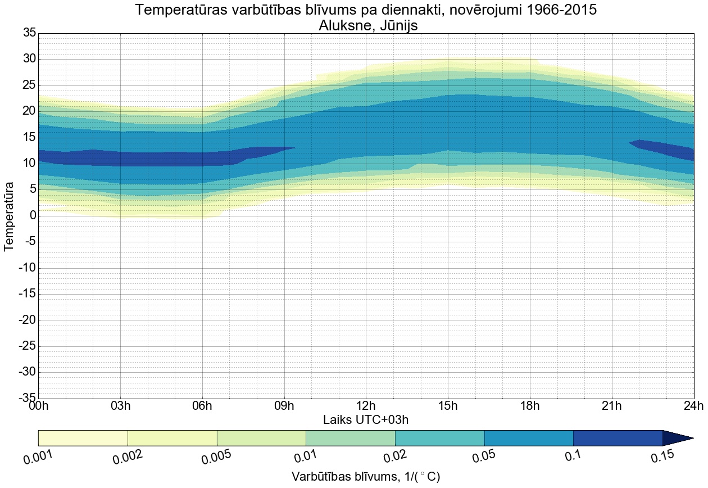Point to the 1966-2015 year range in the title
(x=569, y=10)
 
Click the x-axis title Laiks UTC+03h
(x=366, y=420)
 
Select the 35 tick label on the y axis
(x=29, y=33)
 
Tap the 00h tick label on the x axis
(x=39, y=406)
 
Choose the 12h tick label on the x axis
(x=366, y=406)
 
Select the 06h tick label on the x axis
(x=202, y=406)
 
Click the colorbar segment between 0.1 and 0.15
(x=618, y=438)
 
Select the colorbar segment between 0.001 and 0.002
(x=83, y=438)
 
